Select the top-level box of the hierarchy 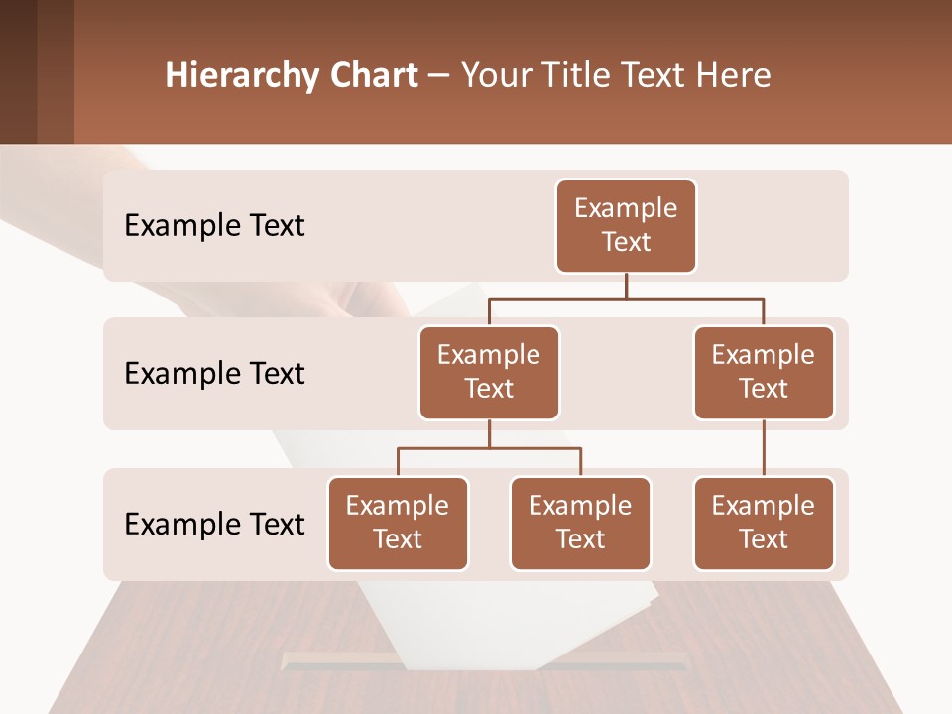click(x=626, y=226)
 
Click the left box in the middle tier click(x=489, y=373)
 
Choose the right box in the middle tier click(x=764, y=373)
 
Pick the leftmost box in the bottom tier click(x=398, y=524)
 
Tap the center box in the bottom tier click(x=580, y=524)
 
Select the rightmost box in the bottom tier click(x=764, y=524)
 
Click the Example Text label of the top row click(x=214, y=226)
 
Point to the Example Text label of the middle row click(x=214, y=374)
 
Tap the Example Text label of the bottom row click(x=214, y=524)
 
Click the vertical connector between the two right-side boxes click(x=764, y=448)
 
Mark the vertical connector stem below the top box click(x=626, y=286)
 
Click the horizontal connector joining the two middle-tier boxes click(x=626, y=298)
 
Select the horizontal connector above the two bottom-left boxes click(x=489, y=448)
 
